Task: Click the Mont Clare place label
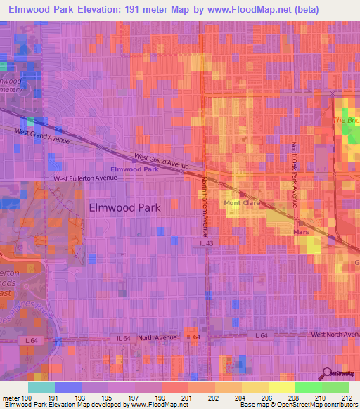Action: pos(242,203)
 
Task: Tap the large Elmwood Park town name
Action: pos(125,207)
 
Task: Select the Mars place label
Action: pos(301,230)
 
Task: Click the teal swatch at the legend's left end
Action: pos(41,387)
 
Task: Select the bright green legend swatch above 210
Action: pos(308,387)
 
